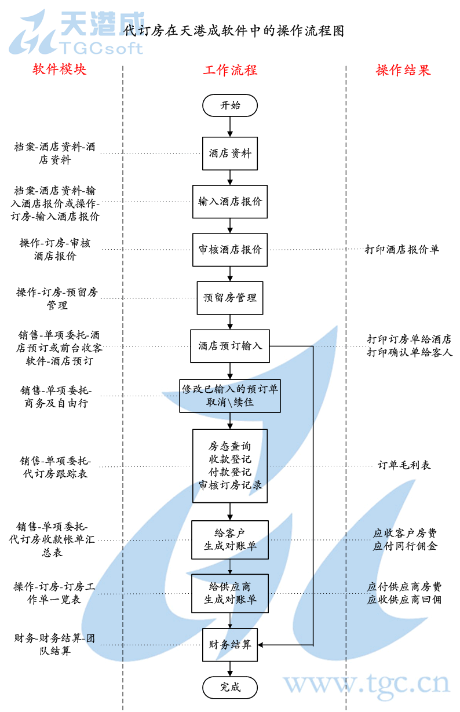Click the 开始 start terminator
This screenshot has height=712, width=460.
click(230, 105)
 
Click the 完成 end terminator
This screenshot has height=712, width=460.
click(230, 687)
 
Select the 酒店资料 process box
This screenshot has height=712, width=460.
click(230, 154)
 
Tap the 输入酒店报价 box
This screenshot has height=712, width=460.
click(230, 202)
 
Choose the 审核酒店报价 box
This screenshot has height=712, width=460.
click(230, 250)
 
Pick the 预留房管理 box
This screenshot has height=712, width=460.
click(230, 298)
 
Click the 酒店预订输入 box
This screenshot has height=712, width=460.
click(230, 346)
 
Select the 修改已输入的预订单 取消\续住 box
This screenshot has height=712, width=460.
click(230, 396)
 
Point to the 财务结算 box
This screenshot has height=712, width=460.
click(230, 644)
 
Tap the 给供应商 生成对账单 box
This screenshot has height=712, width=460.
click(230, 593)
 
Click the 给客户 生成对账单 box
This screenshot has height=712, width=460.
click(230, 539)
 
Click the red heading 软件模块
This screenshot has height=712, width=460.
click(59, 70)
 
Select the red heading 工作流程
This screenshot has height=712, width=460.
click(230, 71)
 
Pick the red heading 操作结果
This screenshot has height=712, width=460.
click(403, 71)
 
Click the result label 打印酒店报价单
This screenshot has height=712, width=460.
click(402, 250)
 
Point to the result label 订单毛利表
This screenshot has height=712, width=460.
click(404, 465)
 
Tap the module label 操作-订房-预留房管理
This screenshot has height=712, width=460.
click(57, 298)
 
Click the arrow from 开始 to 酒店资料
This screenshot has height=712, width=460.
click(230, 126)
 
